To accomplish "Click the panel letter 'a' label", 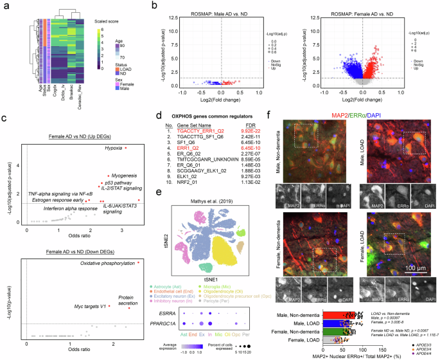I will [x=4, y=5].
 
